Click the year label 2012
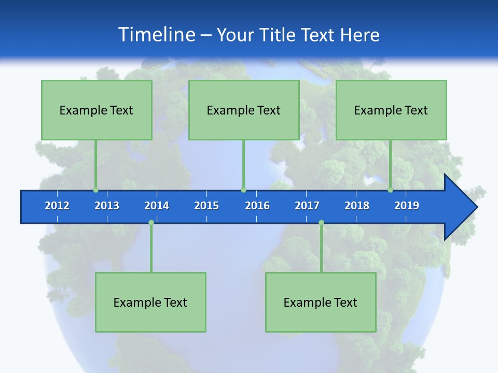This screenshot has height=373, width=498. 57,206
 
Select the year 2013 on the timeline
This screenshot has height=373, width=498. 107,206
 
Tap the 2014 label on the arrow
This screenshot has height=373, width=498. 157,206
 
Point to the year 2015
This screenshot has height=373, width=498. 206,206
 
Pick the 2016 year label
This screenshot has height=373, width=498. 257,206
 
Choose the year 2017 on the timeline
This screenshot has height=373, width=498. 307,206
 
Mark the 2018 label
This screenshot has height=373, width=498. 357,206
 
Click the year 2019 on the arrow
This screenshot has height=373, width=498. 407,206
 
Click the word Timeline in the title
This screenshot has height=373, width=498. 156,35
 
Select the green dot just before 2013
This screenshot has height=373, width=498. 95,190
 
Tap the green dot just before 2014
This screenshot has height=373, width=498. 151,223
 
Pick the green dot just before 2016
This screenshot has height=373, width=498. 243,190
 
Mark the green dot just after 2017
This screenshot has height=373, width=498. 321,223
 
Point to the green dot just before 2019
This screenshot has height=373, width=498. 391,190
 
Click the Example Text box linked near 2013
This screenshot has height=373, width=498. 96,110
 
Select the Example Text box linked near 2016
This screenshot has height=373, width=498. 244,110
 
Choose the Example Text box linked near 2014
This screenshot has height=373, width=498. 150,302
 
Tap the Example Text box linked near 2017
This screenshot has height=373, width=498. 321,302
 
